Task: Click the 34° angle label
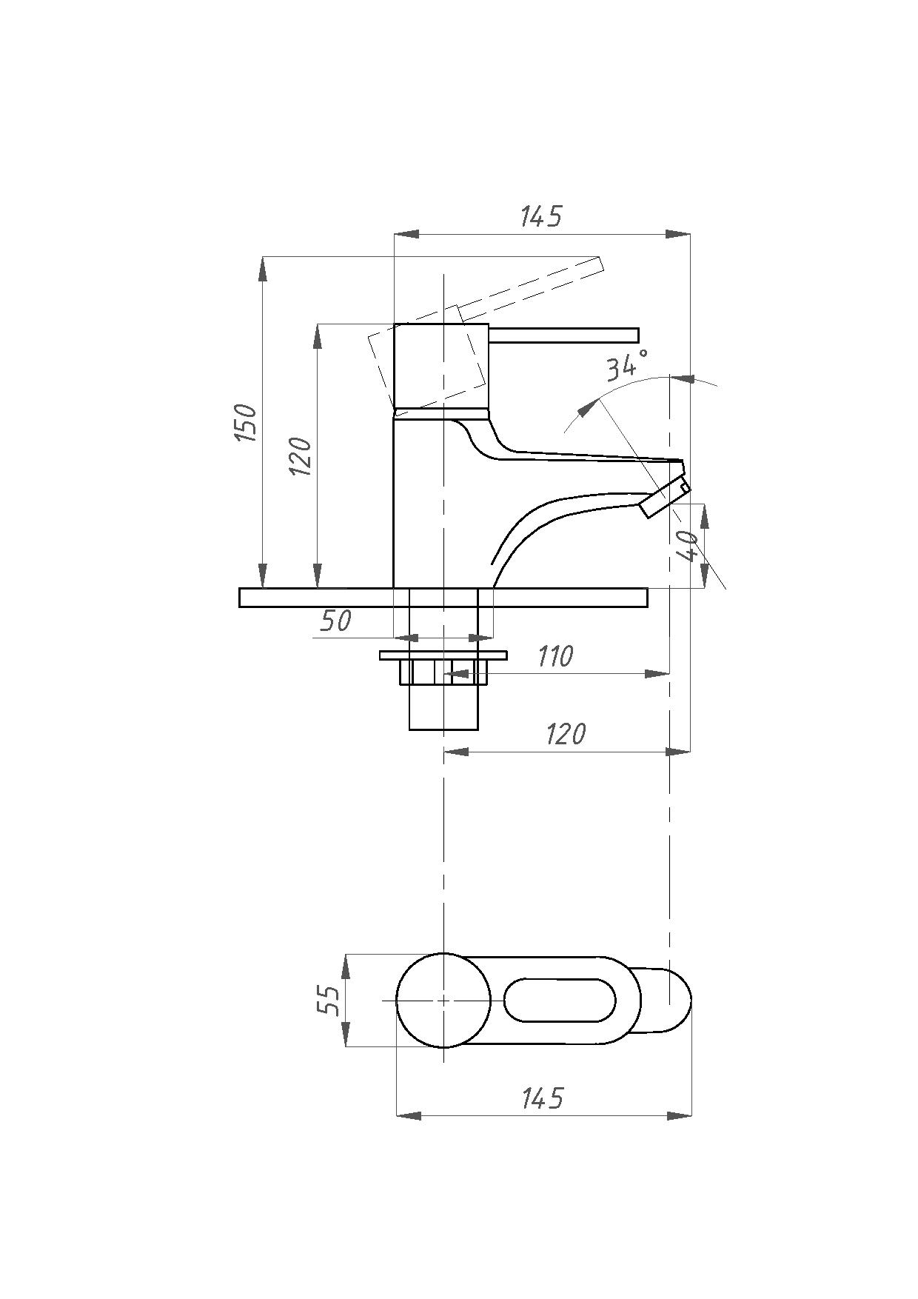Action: (x=627, y=364)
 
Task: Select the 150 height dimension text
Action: (x=245, y=423)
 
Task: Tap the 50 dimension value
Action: (x=335, y=621)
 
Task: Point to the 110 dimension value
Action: (x=555, y=656)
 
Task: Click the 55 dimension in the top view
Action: (x=328, y=1000)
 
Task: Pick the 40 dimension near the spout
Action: (x=688, y=547)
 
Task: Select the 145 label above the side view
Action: (x=541, y=216)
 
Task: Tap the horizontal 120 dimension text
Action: (x=566, y=733)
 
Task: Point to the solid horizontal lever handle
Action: (x=563, y=335)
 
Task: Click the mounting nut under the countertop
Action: (x=444, y=672)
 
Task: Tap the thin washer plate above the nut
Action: (x=443, y=655)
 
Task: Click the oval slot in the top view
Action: (x=560, y=1000)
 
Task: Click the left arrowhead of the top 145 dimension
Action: (x=406, y=234)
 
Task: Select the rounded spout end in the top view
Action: (x=690, y=1000)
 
